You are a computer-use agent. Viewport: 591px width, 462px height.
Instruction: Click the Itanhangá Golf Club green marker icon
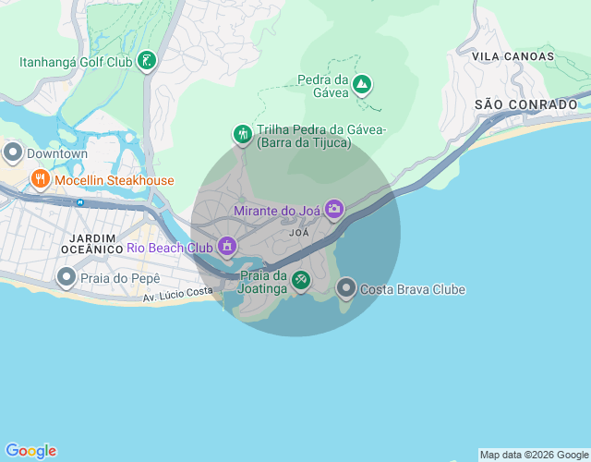(147, 62)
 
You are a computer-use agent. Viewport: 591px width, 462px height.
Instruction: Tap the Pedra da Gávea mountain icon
(363, 86)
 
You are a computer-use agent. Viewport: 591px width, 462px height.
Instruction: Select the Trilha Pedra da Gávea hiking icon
(243, 135)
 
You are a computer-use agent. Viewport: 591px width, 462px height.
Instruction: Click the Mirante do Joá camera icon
(334, 210)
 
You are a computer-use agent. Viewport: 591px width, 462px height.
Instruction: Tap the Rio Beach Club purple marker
(227, 247)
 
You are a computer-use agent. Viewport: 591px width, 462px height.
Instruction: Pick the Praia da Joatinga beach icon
(300, 280)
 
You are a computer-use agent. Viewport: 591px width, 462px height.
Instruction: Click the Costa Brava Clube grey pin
(346, 289)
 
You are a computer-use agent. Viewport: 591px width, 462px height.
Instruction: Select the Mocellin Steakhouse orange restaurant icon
(40, 179)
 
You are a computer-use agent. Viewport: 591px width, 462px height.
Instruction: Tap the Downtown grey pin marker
(13, 152)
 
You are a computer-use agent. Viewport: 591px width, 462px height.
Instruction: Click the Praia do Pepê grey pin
(66, 277)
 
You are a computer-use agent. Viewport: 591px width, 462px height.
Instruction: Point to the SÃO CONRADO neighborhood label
(525, 104)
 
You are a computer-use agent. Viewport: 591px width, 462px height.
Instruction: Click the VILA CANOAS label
(513, 56)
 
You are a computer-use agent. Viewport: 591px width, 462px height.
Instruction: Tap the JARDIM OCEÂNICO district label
(92, 243)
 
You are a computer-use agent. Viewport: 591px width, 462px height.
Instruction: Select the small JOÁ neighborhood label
(299, 233)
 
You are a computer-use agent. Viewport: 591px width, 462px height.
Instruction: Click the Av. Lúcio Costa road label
(178, 293)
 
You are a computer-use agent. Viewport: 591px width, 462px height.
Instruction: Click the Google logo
(30, 451)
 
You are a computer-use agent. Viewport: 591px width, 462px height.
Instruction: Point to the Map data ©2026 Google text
(534, 455)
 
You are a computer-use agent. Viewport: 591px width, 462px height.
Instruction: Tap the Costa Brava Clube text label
(413, 289)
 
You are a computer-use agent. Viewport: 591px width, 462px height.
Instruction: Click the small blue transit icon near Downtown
(80, 201)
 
